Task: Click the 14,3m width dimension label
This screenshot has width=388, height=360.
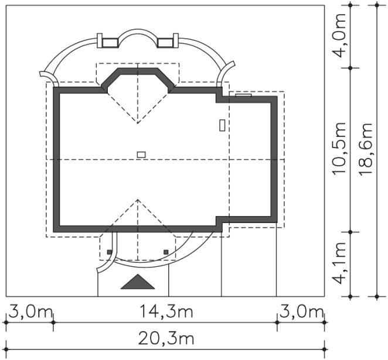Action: point(166,311)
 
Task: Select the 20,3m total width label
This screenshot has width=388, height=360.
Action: point(166,338)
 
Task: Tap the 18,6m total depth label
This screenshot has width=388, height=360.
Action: point(366,149)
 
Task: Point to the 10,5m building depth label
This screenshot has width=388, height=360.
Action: point(339,149)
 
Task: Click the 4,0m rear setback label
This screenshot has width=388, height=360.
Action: point(339,35)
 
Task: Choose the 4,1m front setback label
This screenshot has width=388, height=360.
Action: point(339,263)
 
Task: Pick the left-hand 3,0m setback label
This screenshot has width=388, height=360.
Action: point(30,312)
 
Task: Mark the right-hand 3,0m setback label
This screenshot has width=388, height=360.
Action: point(301,312)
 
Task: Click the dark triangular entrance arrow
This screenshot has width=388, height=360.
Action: point(138,282)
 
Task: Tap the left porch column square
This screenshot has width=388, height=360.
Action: point(110,252)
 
